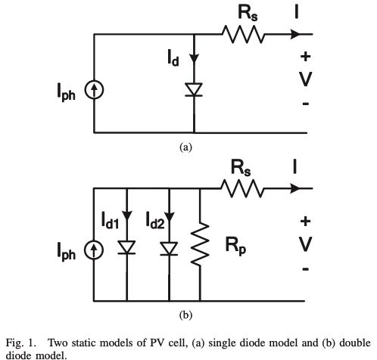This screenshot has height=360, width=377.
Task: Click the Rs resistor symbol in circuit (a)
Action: pos(244,34)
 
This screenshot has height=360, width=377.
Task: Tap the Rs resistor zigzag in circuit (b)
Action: pos(242,188)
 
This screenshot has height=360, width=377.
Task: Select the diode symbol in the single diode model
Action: pos(194,89)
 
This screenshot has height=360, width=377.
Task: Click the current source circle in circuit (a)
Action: pos(94,90)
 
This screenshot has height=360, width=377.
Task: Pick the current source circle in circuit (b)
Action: pos(94,250)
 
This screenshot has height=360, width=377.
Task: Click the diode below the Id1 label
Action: pos(126,247)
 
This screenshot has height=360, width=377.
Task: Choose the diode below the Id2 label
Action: pos(169,249)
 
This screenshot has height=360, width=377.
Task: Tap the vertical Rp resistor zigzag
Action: pos(200,244)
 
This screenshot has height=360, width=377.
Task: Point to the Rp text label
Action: pos(235,246)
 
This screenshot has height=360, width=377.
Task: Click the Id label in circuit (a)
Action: pos(173,57)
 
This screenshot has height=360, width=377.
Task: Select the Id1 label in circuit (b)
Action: pos(110,220)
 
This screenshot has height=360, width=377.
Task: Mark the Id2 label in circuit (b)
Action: pos(155,220)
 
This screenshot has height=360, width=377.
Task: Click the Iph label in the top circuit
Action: pos(66,92)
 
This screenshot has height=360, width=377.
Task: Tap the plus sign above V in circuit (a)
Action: pos(305,56)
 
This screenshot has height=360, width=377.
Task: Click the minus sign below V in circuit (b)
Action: pos(305,269)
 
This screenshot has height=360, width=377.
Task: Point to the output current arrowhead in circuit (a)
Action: pos(296,34)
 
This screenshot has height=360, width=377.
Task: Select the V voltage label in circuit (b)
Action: pos(305,244)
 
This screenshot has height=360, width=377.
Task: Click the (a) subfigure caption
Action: pos(185,147)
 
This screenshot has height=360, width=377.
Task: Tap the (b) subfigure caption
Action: pos(185,315)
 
